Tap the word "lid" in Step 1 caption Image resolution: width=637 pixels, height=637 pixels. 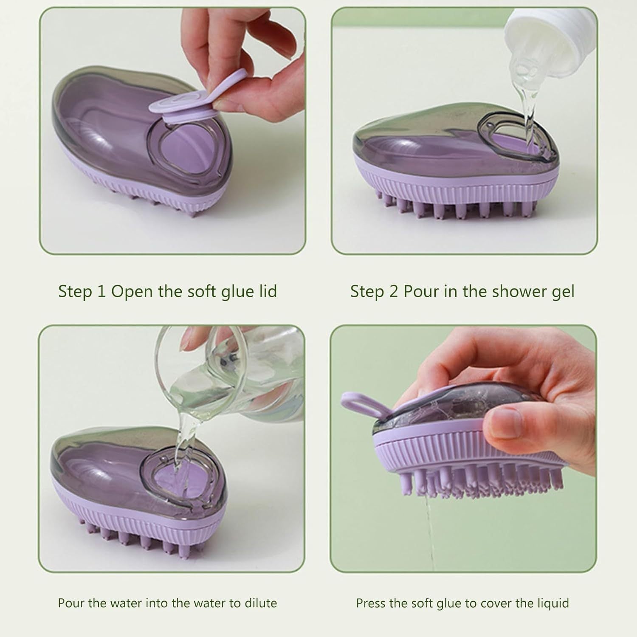click(268, 291)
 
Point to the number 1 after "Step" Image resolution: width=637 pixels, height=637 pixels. click(101, 292)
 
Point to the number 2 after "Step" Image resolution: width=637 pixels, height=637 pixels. click(394, 292)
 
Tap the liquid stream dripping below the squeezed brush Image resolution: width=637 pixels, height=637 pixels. click(429, 531)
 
